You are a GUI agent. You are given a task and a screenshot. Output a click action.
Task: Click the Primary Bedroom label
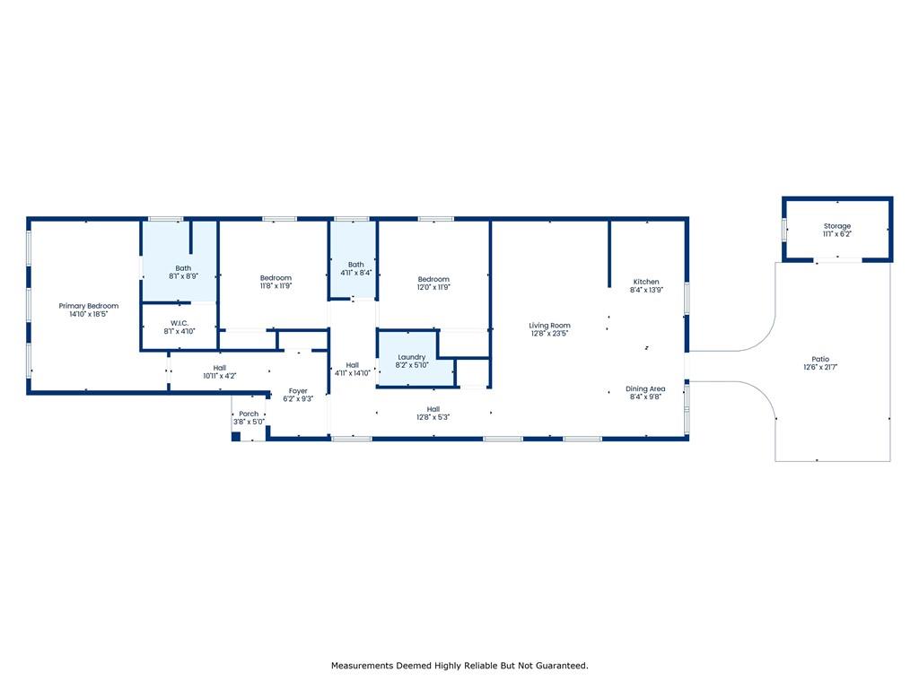pos(89,306)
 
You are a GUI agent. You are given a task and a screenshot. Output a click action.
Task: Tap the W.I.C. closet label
pos(179,323)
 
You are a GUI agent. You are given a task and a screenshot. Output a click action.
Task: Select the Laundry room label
pos(411,357)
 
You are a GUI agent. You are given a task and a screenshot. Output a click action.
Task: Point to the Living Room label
pos(549,326)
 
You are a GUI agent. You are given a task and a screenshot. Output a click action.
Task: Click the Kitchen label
pos(646,282)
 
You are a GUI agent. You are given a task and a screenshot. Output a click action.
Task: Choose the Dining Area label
pos(645,389)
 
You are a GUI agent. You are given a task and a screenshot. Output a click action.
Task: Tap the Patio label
pos(820,359)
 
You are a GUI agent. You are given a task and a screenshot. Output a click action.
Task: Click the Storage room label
pos(837,226)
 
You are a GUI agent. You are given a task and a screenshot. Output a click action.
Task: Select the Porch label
pos(249,414)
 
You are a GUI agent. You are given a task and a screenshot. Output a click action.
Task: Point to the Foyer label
pos(298,391)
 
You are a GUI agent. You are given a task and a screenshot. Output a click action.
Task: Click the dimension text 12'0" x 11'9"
pos(433,287)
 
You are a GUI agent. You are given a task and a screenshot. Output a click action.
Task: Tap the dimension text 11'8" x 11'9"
pos(276,286)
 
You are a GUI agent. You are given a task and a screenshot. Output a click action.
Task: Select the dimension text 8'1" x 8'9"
pos(183,276)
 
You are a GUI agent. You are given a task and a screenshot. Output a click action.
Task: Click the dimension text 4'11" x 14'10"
pos(352,373)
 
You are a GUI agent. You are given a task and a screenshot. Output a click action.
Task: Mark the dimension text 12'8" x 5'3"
pos(433,417)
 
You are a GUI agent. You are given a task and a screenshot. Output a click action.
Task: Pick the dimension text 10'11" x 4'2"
pos(220,376)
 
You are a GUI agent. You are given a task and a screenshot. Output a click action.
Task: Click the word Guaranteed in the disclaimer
pos(560,666)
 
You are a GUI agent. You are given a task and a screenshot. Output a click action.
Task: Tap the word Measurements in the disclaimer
pos(363,666)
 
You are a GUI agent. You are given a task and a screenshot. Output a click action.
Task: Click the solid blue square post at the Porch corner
pos(236,437)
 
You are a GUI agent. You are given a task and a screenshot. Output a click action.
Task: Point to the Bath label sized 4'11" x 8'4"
pos(355,265)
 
